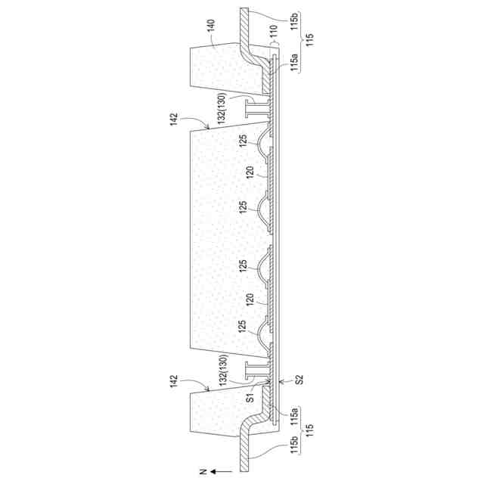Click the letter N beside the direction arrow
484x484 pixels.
click(203, 471)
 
